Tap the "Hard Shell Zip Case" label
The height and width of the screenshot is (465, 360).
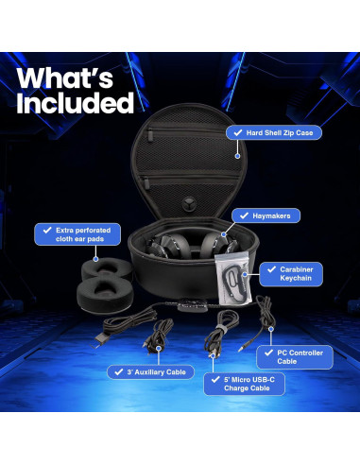tap(281, 133)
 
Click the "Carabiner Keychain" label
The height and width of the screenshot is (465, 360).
tap(297, 274)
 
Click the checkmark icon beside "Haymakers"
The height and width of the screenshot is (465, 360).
tap(246, 216)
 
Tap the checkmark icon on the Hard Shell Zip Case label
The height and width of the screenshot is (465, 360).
tap(234, 133)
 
